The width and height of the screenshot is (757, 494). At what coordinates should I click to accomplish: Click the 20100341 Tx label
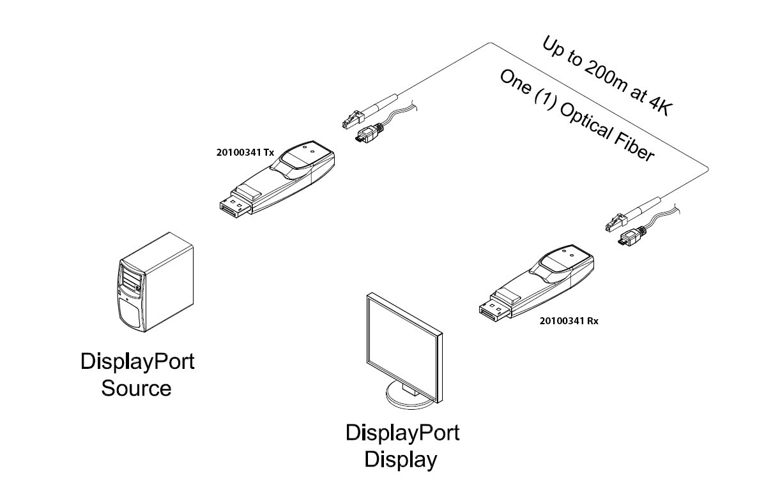(x=245, y=153)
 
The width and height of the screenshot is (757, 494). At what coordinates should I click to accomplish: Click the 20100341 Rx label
(x=569, y=320)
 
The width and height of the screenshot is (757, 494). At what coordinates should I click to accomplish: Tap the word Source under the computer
(x=136, y=388)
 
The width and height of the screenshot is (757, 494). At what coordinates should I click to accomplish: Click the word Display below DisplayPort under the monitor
(x=401, y=459)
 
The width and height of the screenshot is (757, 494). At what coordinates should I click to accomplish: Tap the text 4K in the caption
(x=657, y=105)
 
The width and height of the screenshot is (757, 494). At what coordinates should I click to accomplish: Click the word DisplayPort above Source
(x=137, y=362)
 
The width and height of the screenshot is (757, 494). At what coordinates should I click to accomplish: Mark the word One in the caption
(x=515, y=82)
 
